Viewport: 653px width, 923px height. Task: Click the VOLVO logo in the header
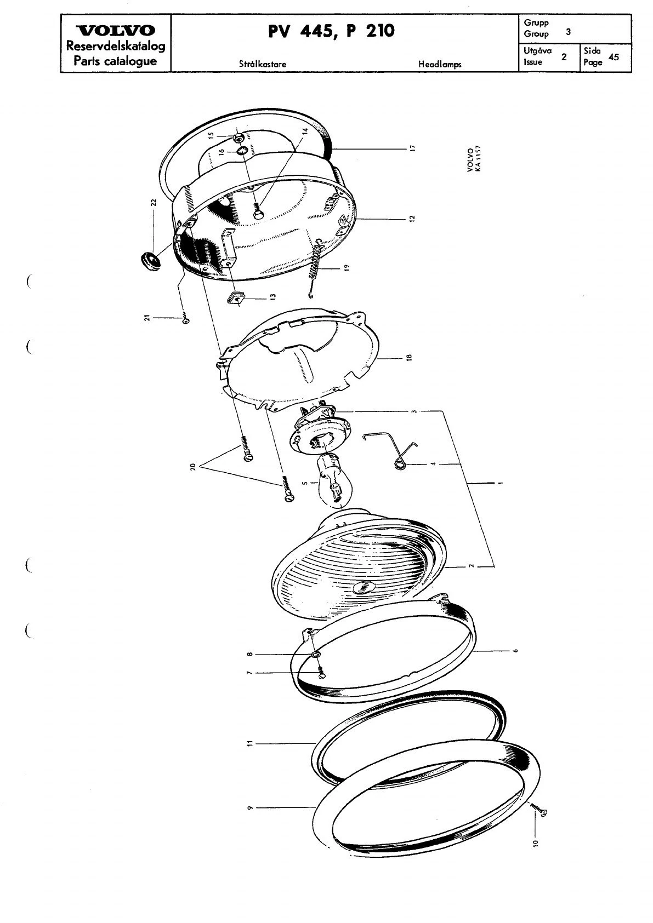116,31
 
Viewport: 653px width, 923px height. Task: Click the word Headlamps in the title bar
440,64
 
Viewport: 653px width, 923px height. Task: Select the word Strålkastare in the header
263,64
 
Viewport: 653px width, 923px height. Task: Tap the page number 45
614,57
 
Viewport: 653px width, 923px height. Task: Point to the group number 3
568,32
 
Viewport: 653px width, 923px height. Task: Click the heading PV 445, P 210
331,31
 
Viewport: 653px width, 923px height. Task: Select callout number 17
413,148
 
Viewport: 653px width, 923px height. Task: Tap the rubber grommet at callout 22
149,260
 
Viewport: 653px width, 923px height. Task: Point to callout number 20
192,468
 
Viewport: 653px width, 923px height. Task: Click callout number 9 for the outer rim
249,808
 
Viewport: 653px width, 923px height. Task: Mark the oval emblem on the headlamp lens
364,587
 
